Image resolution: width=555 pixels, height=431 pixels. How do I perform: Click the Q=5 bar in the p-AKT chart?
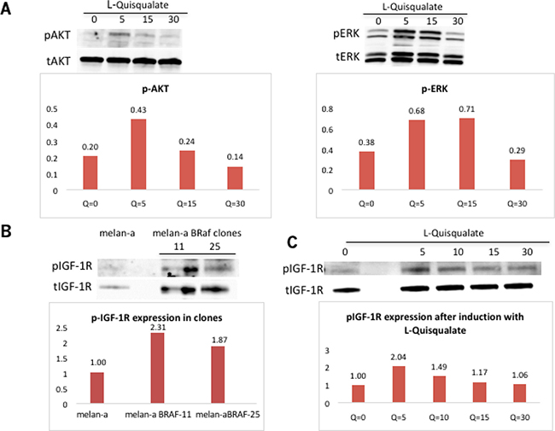click(138, 154)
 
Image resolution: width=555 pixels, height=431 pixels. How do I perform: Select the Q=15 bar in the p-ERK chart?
click(467, 154)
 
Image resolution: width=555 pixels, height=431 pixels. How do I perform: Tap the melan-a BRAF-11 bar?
click(157, 368)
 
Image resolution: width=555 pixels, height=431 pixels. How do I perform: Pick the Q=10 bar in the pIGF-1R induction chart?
click(439, 389)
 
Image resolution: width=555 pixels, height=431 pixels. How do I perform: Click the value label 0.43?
click(138, 110)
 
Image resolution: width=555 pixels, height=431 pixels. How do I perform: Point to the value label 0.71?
click(466, 109)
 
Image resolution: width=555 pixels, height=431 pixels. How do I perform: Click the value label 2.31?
click(157, 328)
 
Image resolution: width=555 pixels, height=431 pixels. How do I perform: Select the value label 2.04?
click(398, 357)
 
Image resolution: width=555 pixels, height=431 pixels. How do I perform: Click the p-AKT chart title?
click(155, 89)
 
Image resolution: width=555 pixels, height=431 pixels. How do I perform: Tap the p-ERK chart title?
click(435, 89)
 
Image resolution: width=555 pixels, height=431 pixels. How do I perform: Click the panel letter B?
click(6, 231)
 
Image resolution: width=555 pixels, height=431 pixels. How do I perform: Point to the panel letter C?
click(292, 242)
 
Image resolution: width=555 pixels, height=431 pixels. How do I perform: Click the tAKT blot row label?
click(58, 61)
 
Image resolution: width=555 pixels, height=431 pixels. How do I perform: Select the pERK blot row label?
click(346, 34)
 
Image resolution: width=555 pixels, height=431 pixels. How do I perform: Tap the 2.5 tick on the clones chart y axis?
click(62, 328)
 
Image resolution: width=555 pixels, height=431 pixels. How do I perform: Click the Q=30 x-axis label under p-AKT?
click(236, 204)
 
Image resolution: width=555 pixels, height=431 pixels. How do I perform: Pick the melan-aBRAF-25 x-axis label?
click(228, 415)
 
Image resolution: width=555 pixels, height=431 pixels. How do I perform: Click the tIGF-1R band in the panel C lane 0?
click(347, 290)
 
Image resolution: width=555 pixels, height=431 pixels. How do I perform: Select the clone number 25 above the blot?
click(215, 247)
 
